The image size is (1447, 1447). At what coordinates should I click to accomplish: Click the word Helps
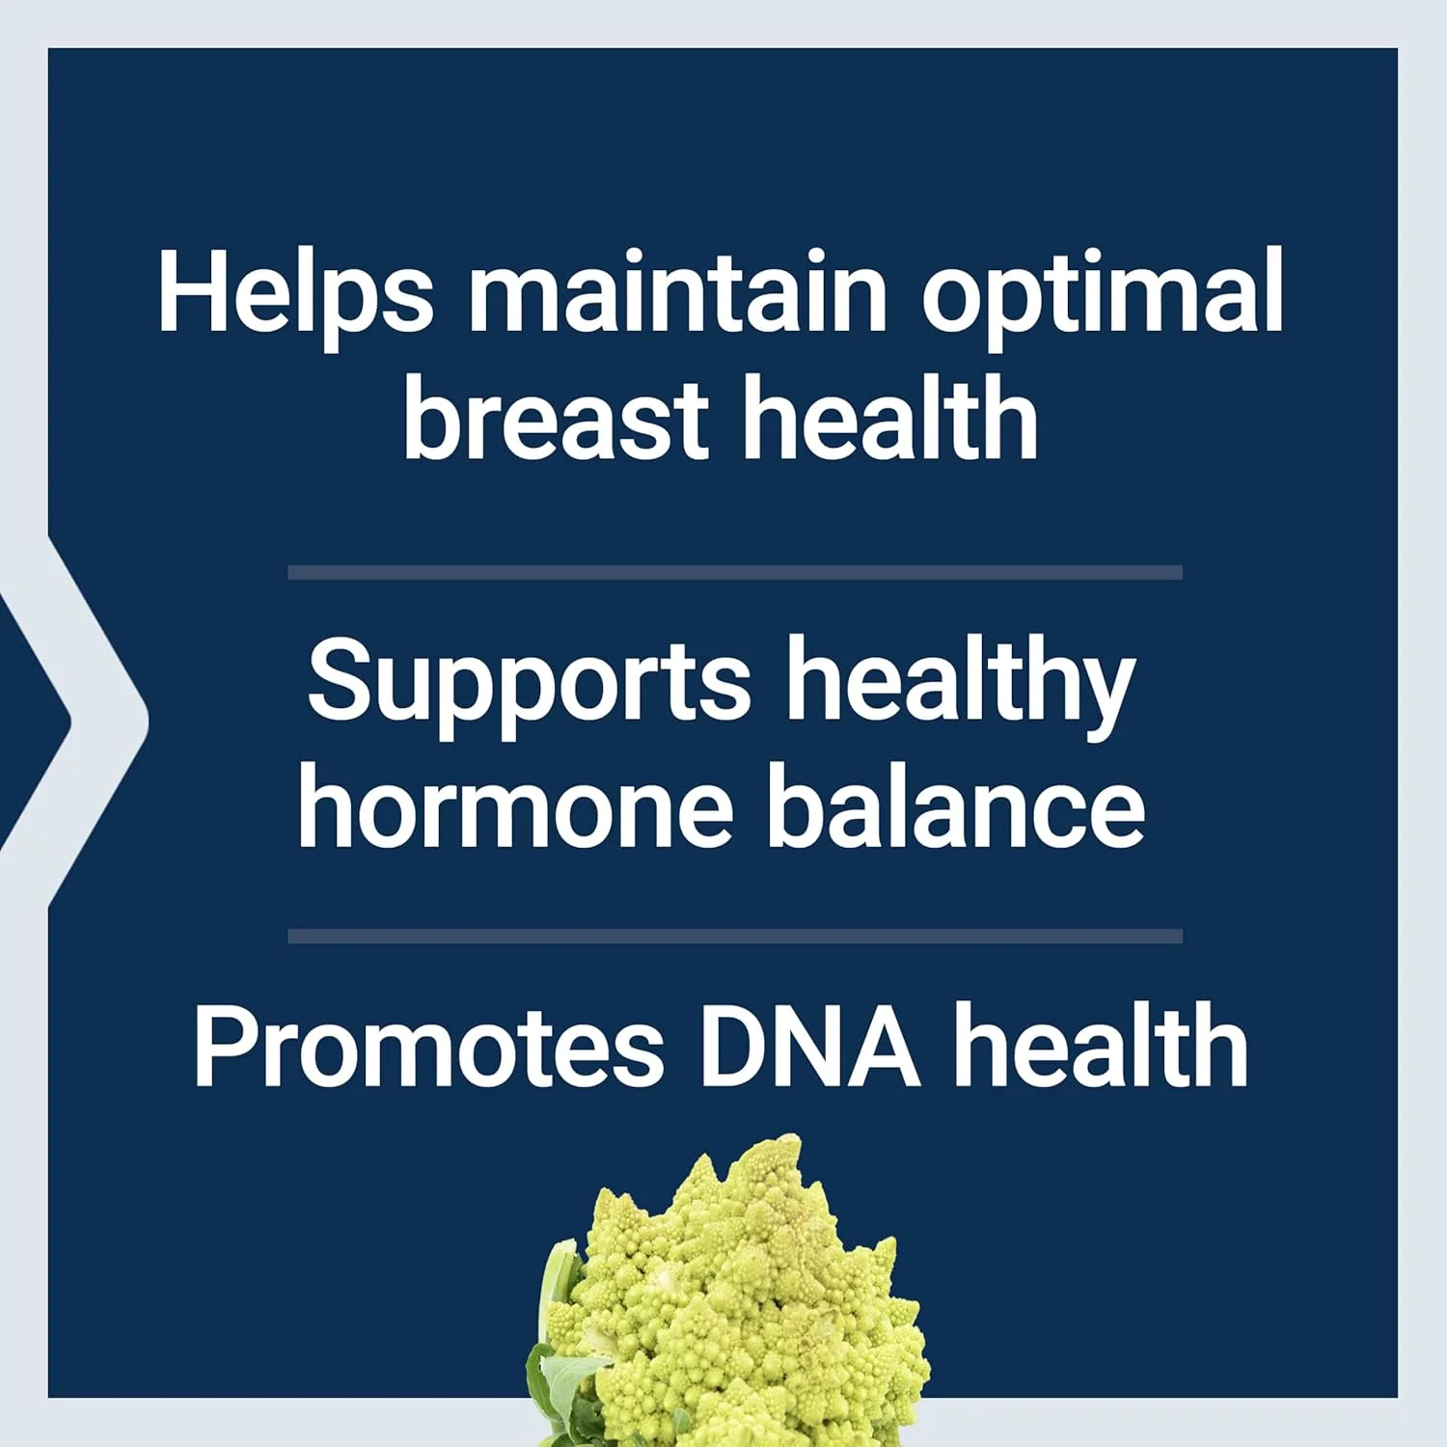click(x=295, y=292)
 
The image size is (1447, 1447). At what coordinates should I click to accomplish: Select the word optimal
click(x=1102, y=292)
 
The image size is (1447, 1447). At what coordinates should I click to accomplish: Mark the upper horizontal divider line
click(x=735, y=573)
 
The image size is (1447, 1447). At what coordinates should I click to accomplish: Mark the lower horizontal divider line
click(x=735, y=936)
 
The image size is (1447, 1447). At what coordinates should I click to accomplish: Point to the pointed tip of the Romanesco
click(x=789, y=1143)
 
